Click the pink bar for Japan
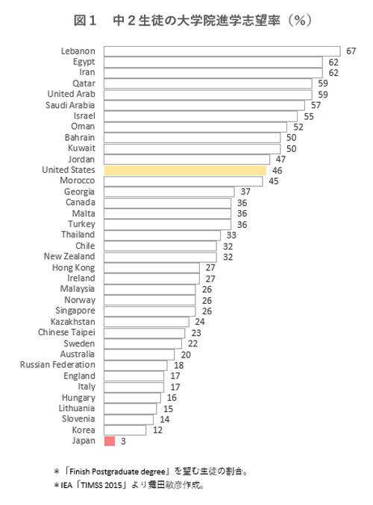(x=109, y=442)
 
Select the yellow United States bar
(x=185, y=171)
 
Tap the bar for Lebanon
(x=222, y=51)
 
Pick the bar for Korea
(x=125, y=431)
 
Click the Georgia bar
(x=169, y=192)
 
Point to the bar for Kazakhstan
(x=146, y=323)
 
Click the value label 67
(x=353, y=51)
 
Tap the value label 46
(x=277, y=171)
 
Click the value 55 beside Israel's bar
(x=309, y=116)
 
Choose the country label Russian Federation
(x=57, y=366)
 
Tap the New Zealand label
(x=69, y=257)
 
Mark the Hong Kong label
(x=73, y=267)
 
